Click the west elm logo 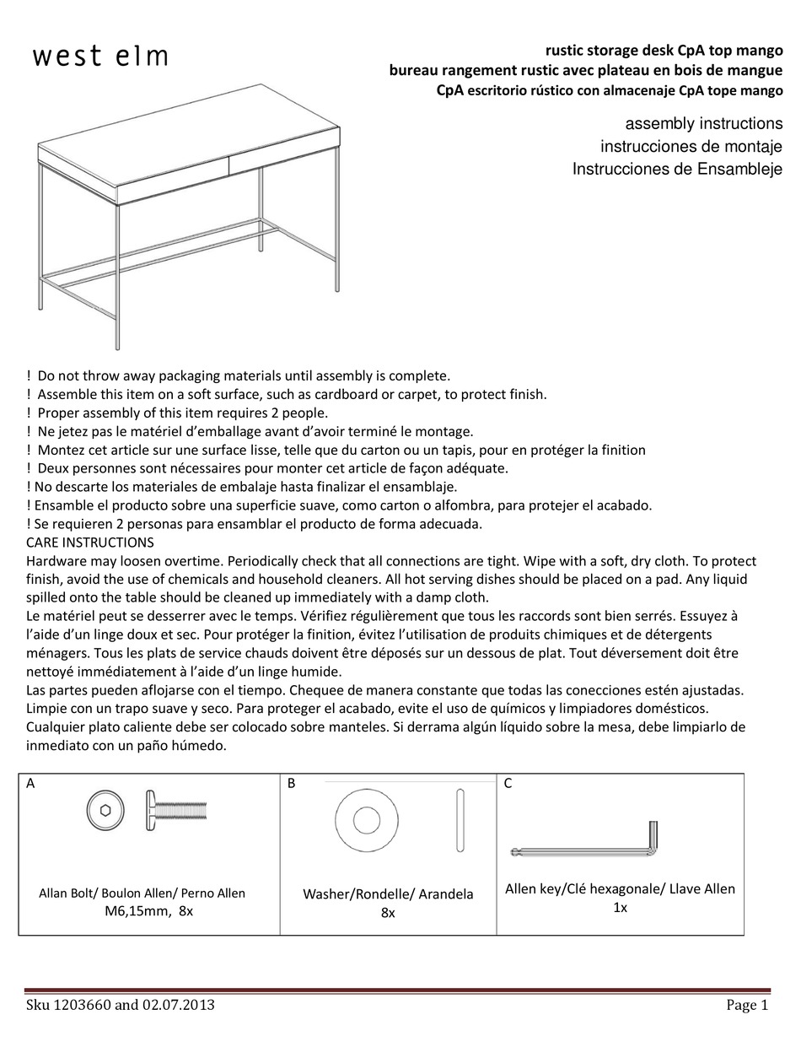(x=100, y=57)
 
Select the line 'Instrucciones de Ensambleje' (x=677, y=169)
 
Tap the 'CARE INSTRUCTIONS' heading (x=90, y=542)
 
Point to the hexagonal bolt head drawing (x=104, y=811)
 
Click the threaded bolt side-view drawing (x=177, y=810)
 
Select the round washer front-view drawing (x=366, y=818)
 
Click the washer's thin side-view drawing (x=460, y=819)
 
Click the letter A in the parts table (x=30, y=783)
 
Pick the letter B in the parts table (x=291, y=783)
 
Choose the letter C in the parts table (x=508, y=783)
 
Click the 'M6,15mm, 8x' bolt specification (x=148, y=911)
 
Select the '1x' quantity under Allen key (x=620, y=908)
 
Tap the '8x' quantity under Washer (x=388, y=913)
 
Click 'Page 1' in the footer (x=747, y=1005)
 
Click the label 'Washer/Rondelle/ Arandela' (x=388, y=893)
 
